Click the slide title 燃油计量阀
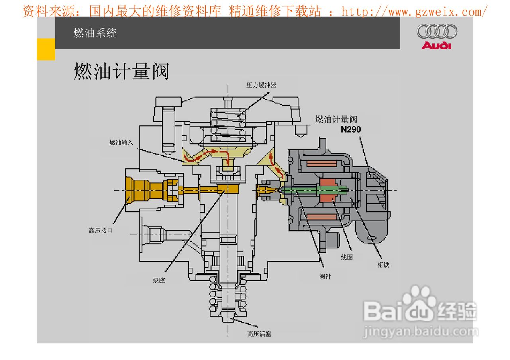coord(122,72)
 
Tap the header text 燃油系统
coord(95,33)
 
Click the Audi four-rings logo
coord(437,31)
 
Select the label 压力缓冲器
coord(261,85)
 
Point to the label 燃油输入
coord(121,143)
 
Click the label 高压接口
coord(100,230)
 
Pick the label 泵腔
coord(159,280)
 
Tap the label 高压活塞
coord(259,334)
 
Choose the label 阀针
coord(325,276)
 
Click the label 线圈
coord(347,257)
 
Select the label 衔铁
coord(383,265)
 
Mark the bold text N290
coord(351,129)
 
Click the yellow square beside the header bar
coord(46,49)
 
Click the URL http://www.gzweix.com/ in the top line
coord(414,12)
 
